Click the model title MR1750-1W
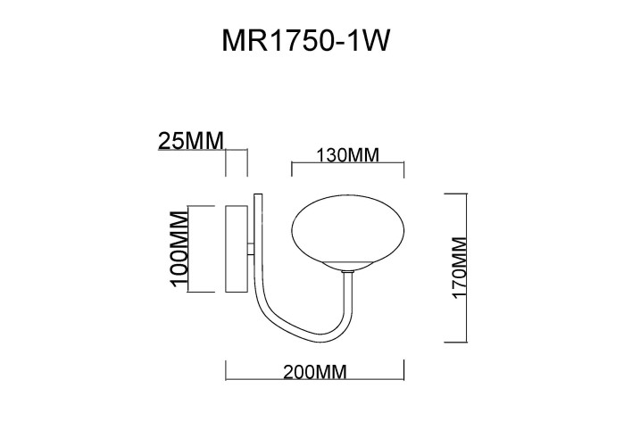click(x=306, y=42)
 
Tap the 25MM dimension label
click(x=189, y=141)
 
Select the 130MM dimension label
click(x=348, y=155)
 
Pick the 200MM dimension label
click(x=314, y=373)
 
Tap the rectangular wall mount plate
click(x=237, y=249)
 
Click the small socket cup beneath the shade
click(x=349, y=267)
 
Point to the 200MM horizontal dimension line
click(x=314, y=362)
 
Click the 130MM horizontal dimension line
click(x=349, y=164)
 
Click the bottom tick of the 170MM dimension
click(x=458, y=342)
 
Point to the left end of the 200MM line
click(x=225, y=362)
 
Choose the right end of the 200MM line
click(x=404, y=362)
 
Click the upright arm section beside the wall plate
click(x=257, y=241)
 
